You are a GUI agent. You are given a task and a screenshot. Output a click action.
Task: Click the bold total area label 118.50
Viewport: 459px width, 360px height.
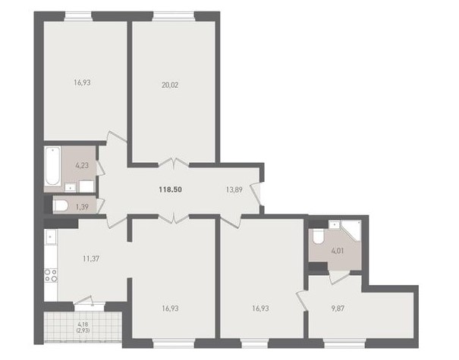171,189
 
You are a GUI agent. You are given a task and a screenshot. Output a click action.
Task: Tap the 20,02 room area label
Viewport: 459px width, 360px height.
170,85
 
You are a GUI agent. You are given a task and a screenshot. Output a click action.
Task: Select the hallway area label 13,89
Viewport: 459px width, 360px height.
234,189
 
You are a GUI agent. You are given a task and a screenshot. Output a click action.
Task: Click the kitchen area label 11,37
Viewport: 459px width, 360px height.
91,258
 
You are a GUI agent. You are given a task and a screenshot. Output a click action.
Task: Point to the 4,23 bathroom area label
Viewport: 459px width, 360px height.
82,165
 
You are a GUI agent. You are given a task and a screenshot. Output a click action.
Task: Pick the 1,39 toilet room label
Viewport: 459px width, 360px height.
82,207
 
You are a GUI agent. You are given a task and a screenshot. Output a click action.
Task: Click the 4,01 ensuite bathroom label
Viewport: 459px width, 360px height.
337,251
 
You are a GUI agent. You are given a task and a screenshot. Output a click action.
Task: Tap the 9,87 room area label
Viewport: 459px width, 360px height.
338,308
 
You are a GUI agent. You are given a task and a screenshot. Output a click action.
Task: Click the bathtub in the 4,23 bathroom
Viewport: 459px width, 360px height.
52,166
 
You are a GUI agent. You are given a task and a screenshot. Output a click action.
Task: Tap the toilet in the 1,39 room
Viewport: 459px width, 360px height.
60,205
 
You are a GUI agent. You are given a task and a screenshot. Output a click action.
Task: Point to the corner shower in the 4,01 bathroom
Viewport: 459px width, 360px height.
351,230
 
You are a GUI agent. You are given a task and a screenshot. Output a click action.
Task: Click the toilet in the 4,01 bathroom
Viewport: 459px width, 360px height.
318,236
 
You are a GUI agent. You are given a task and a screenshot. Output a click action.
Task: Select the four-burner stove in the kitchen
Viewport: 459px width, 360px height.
51,275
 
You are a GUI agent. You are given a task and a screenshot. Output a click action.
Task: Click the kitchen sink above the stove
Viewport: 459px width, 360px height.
51,237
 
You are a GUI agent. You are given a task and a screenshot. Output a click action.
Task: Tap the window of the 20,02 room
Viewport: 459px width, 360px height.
174,16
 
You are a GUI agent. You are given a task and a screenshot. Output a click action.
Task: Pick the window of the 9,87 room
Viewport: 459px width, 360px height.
344,343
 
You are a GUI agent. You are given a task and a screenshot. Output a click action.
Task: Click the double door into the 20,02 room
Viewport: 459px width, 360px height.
174,163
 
